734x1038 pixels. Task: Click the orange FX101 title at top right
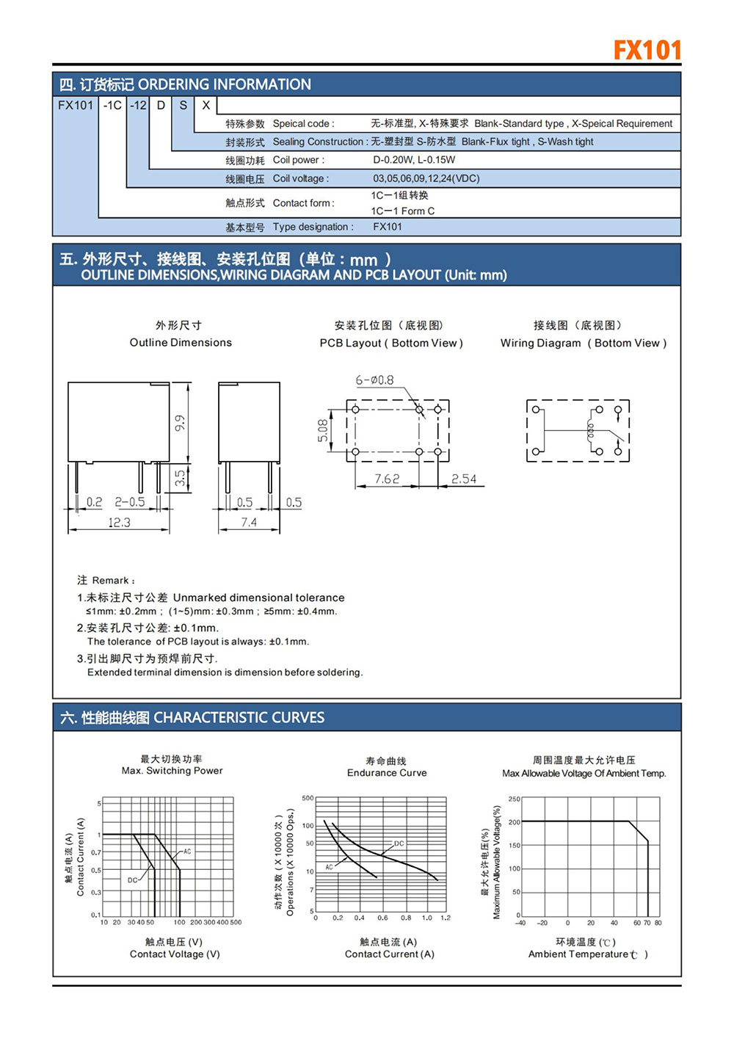tap(647, 50)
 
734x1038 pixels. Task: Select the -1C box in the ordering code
tap(112, 105)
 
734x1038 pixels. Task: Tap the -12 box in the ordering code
tap(138, 105)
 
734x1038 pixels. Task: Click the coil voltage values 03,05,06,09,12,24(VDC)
tap(426, 178)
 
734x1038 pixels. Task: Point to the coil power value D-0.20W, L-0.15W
tap(414, 159)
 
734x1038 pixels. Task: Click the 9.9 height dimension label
tap(180, 423)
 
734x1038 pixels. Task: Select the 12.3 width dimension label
tap(119, 522)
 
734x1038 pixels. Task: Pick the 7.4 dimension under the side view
tap(249, 522)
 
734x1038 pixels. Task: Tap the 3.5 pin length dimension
tap(180, 478)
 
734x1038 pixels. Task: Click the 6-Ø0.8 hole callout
tap(374, 380)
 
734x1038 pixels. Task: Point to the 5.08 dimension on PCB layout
tap(323, 430)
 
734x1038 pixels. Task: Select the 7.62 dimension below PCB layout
tap(387, 479)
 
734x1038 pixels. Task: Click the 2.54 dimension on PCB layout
tap(463, 479)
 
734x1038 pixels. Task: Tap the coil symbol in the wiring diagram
tap(590, 431)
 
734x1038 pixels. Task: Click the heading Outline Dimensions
tap(181, 343)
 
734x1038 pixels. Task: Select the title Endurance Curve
tap(387, 773)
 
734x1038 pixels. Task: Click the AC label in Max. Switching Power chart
tap(187, 852)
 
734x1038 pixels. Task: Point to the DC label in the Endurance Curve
tap(399, 843)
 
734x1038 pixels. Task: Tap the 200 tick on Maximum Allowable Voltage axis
tap(515, 822)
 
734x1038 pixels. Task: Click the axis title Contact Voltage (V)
tap(175, 954)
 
